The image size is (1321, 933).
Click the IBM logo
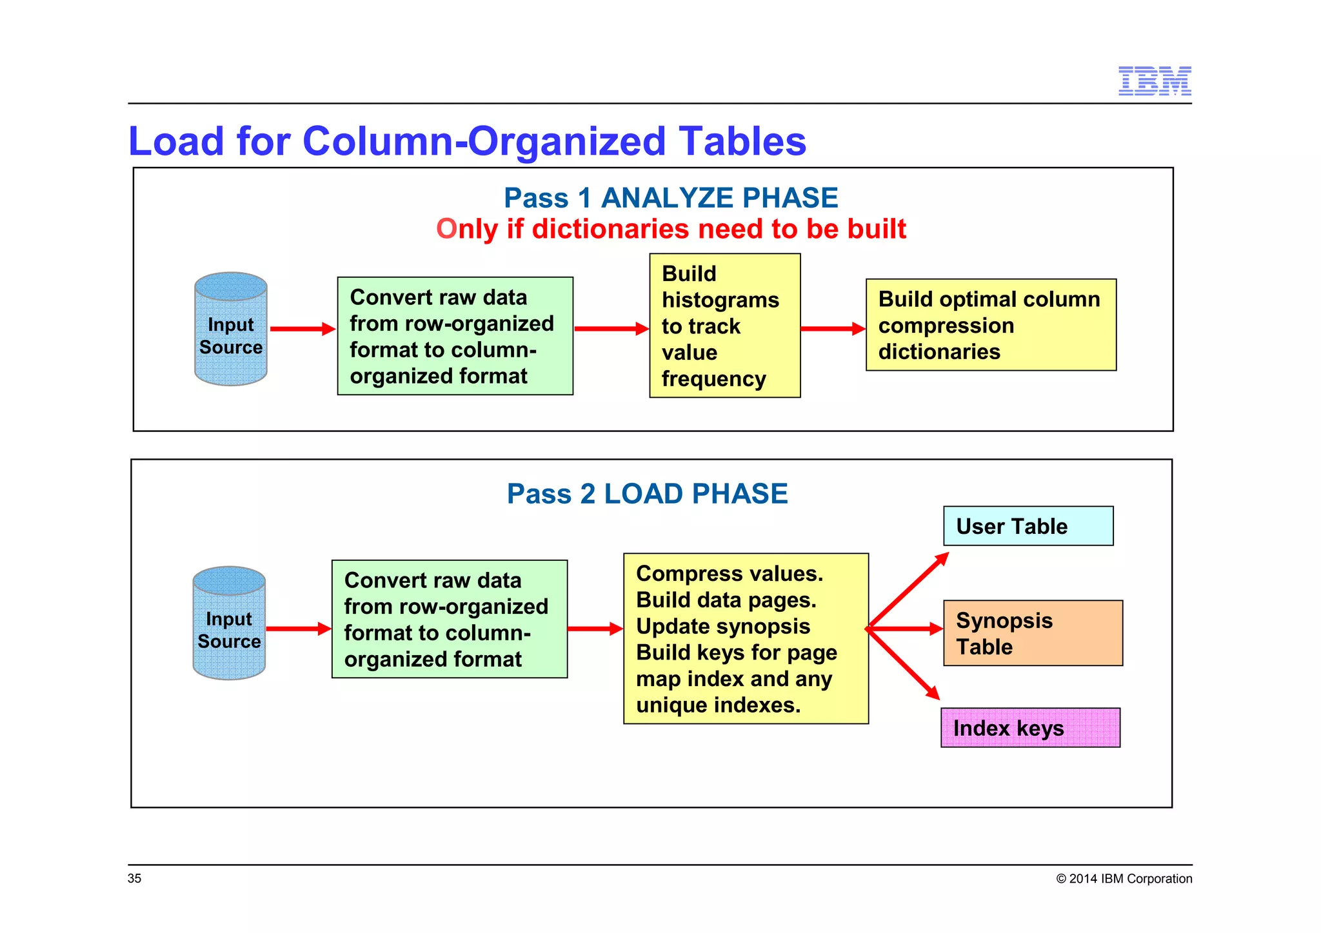[x=1154, y=81]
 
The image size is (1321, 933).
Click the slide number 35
[x=134, y=878]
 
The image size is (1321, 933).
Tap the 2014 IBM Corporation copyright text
[x=1124, y=878]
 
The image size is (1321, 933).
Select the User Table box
[x=1028, y=526]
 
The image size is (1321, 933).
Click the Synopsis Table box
[x=1033, y=633]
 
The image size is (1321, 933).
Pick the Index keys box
[x=1030, y=728]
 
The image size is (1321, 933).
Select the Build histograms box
[x=724, y=326]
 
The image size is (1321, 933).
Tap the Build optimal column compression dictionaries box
[x=991, y=325]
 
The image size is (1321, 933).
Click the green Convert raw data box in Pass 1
[x=455, y=336]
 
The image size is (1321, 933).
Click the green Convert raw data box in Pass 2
[x=450, y=619]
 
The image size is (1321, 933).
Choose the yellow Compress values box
[x=746, y=638]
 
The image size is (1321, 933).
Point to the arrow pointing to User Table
[x=908, y=589]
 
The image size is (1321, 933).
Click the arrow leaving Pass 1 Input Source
[x=302, y=329]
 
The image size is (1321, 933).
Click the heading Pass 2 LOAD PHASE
[x=647, y=494]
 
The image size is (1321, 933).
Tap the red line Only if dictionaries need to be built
[x=671, y=229]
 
